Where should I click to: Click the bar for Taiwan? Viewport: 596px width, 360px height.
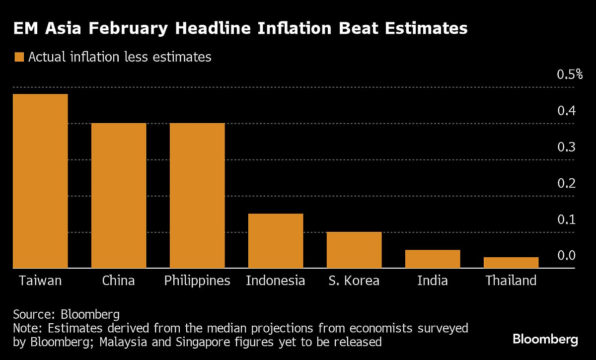(x=40, y=181)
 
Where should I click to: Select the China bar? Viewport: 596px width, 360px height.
(x=119, y=196)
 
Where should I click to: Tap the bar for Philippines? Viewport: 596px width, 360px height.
(x=197, y=196)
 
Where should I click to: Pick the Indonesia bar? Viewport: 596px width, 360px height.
(x=276, y=241)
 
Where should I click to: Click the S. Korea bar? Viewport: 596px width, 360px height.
(x=354, y=250)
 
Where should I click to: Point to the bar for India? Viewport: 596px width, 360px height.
(x=433, y=259)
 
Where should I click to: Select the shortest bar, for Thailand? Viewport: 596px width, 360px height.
(x=511, y=263)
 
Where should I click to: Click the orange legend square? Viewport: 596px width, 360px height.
(x=19, y=57)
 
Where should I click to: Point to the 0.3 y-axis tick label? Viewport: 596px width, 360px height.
(x=566, y=147)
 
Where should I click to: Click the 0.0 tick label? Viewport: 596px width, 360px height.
(x=566, y=256)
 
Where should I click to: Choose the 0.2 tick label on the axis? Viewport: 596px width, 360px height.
(x=566, y=184)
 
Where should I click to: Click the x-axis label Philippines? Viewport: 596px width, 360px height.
(x=197, y=281)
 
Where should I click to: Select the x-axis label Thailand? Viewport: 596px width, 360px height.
(x=511, y=281)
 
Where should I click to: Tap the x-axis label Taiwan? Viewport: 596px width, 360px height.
(x=40, y=281)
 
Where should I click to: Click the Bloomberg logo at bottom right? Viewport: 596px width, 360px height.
(x=545, y=340)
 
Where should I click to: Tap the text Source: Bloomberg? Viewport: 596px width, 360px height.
(x=66, y=314)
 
